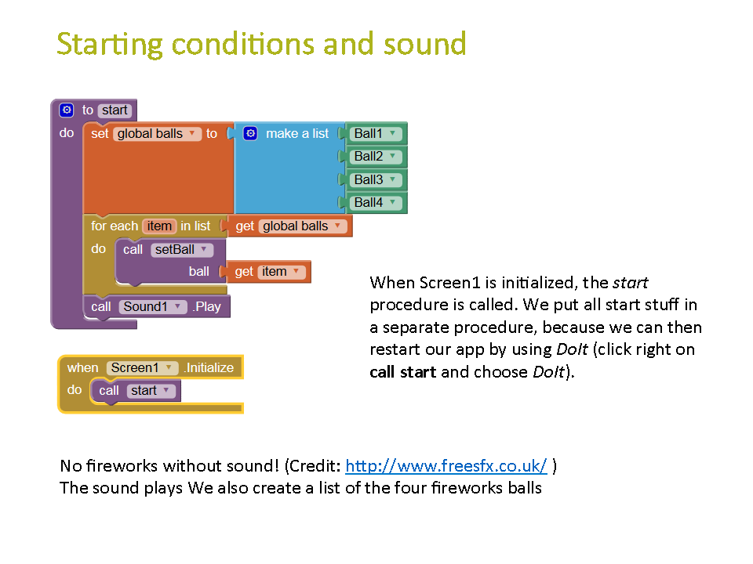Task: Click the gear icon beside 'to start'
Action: [x=66, y=110]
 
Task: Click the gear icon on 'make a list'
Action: [x=250, y=133]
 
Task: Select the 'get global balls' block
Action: [x=287, y=226]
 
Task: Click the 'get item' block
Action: [x=266, y=272]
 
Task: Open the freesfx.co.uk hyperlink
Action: [x=446, y=465]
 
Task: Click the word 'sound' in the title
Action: [x=424, y=44]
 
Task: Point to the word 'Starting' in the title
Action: [x=110, y=45]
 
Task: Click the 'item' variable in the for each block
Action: [x=159, y=226]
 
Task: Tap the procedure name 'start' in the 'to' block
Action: [x=115, y=110]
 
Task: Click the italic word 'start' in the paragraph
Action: [x=630, y=283]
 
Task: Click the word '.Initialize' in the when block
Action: [x=209, y=368]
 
